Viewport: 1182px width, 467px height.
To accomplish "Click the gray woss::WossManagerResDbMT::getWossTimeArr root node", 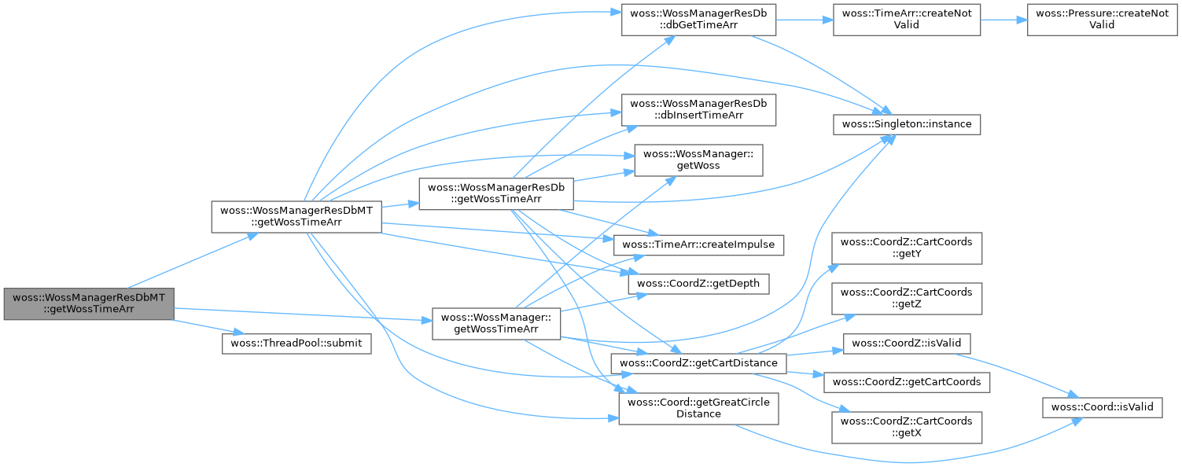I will (x=89, y=303).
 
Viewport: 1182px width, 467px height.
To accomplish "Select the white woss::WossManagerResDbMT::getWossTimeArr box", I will (x=296, y=216).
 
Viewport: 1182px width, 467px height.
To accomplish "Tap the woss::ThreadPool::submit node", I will (x=296, y=344).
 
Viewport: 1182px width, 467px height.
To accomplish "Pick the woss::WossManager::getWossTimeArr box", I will (x=495, y=323).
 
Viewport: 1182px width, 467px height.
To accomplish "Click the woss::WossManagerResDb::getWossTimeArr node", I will (x=495, y=194).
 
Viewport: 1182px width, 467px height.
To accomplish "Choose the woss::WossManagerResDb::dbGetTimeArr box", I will (x=698, y=19).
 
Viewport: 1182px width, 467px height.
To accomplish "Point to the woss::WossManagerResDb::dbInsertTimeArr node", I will (x=698, y=109).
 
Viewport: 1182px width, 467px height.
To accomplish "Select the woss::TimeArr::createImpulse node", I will (x=698, y=245).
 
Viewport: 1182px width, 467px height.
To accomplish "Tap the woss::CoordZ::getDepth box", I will (x=698, y=284).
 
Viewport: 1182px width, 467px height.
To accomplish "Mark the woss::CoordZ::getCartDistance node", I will (x=698, y=363).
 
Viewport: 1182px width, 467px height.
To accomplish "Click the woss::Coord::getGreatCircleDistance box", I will (x=698, y=407).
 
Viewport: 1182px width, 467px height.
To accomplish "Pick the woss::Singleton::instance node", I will (x=907, y=123).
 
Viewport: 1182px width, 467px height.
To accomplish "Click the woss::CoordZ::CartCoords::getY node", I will (x=907, y=248).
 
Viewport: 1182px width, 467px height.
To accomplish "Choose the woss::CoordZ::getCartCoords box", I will (x=907, y=382).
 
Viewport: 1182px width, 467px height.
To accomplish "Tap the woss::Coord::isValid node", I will (x=1102, y=406).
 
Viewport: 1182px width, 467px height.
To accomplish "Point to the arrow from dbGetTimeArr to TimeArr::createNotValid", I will (x=805, y=19).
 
